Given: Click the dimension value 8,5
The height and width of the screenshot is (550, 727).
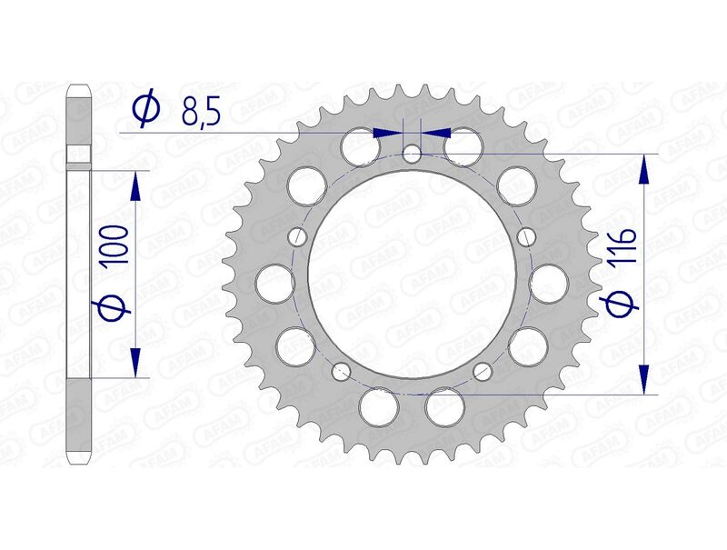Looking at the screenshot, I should coord(200,110).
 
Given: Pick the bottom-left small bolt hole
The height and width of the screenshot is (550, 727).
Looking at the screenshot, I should coord(342,370).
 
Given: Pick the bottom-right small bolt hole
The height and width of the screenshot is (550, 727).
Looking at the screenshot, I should coord(483,370).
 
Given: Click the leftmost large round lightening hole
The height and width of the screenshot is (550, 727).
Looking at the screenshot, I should coord(274,283).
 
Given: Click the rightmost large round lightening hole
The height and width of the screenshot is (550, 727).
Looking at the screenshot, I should coord(551,283).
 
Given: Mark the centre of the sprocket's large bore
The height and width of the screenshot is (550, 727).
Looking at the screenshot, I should coord(412,273).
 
